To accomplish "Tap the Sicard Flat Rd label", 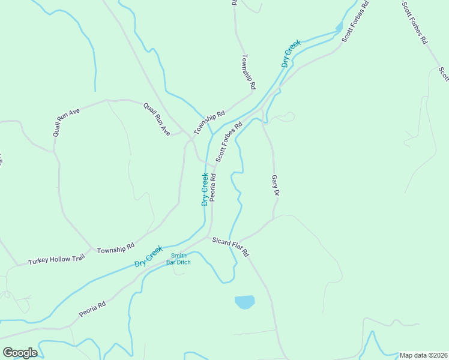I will [231, 247].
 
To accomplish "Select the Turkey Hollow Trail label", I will [57, 259].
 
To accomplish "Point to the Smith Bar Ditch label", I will [178, 259].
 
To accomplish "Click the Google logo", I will [20, 353].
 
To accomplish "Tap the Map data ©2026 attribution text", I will [423, 355].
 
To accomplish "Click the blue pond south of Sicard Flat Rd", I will [244, 302].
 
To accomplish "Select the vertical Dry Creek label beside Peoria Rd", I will [205, 190].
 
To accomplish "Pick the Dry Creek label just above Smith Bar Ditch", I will [148, 256].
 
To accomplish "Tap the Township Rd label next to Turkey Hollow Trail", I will [116, 248].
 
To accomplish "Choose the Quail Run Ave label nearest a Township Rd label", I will [157, 118].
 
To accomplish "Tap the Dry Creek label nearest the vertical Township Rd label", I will [291, 52].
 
